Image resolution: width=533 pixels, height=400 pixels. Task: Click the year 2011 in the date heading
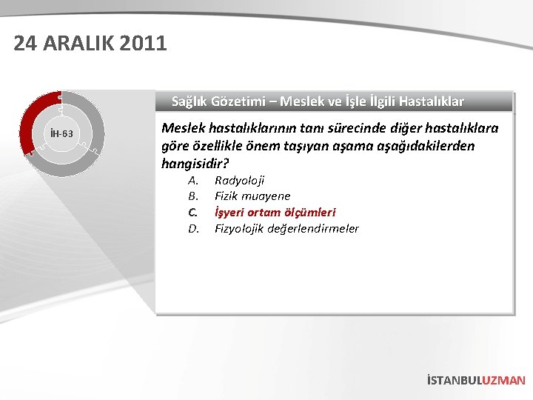pyautogui.click(x=141, y=44)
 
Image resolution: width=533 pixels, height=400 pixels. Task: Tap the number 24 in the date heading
pyautogui.click(x=26, y=44)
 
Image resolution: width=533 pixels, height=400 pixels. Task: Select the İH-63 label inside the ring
pyautogui.click(x=61, y=134)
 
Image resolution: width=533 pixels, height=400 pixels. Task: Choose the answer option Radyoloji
pyautogui.click(x=239, y=180)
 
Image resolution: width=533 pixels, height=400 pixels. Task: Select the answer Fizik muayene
pyautogui.click(x=252, y=196)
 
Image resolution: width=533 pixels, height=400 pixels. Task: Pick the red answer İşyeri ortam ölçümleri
pyautogui.click(x=275, y=213)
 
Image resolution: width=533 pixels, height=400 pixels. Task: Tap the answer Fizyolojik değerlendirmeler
pyautogui.click(x=286, y=228)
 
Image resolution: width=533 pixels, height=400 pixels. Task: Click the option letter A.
pyautogui.click(x=192, y=180)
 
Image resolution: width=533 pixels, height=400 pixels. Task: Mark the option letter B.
pyautogui.click(x=192, y=196)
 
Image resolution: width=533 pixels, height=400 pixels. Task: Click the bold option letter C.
pyautogui.click(x=192, y=213)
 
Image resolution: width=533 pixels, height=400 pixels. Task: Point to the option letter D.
pyautogui.click(x=192, y=228)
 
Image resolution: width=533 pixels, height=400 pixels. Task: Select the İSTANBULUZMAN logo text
pyautogui.click(x=476, y=380)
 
